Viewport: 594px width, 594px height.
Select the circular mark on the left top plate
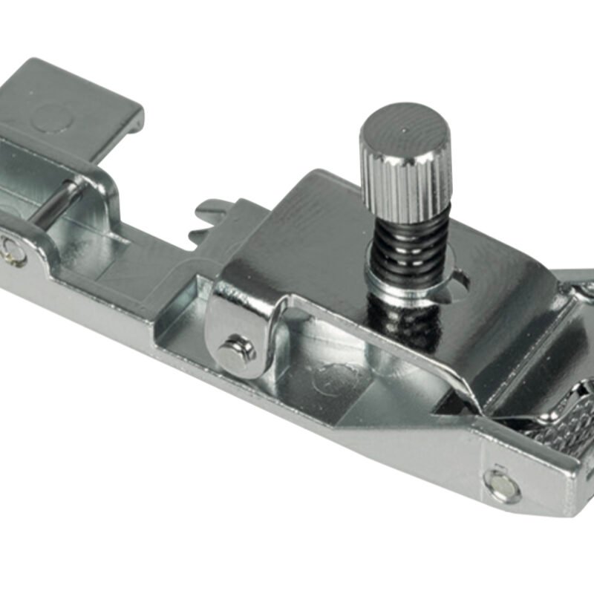click(x=53, y=117)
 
